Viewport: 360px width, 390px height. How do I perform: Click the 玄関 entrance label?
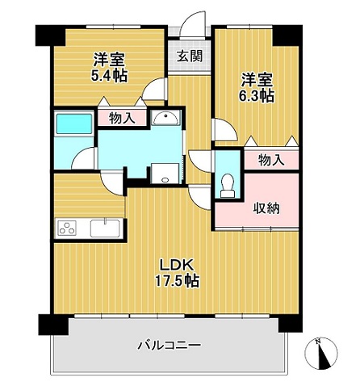[190, 57]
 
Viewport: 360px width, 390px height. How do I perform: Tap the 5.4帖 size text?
[109, 76]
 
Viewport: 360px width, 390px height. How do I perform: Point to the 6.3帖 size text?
[257, 96]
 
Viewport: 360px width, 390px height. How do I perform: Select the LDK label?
[177, 266]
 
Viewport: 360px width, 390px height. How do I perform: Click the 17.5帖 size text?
[177, 281]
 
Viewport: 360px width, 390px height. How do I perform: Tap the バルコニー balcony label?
[170, 345]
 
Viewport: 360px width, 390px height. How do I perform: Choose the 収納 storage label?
[266, 208]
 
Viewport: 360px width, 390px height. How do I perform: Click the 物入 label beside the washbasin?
[122, 118]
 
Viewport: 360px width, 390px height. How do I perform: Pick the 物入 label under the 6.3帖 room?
[271, 161]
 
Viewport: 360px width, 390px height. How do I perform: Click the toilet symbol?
[228, 186]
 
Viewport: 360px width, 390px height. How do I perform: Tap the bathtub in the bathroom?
[74, 124]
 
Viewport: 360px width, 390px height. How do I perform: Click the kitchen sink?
[105, 229]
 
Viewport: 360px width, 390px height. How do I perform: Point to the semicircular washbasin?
[165, 118]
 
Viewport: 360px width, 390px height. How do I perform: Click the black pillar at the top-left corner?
[51, 36]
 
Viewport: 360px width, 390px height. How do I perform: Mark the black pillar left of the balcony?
[53, 325]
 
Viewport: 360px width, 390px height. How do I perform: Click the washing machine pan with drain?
[165, 174]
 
